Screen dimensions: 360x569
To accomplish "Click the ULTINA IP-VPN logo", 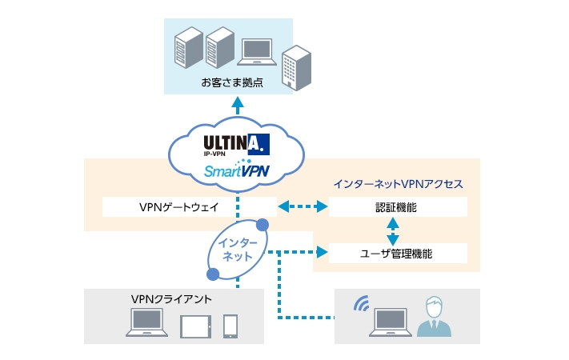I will click(x=236, y=144).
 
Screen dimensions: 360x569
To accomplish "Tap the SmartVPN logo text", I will click(x=236, y=170).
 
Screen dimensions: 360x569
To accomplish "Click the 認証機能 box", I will click(x=398, y=207).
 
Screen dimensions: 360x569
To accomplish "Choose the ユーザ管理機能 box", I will click(x=398, y=254).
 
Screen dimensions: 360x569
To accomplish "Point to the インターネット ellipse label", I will click(x=238, y=250).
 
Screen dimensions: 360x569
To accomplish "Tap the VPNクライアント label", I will click(x=171, y=299).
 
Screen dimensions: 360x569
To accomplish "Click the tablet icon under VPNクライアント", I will click(x=194, y=326).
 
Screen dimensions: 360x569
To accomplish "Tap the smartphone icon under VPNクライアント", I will click(x=230, y=325).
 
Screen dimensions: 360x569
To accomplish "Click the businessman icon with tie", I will click(x=434, y=317).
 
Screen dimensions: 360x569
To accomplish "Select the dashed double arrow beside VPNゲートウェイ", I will click(x=303, y=207).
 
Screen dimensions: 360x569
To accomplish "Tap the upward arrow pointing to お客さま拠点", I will click(x=238, y=106).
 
